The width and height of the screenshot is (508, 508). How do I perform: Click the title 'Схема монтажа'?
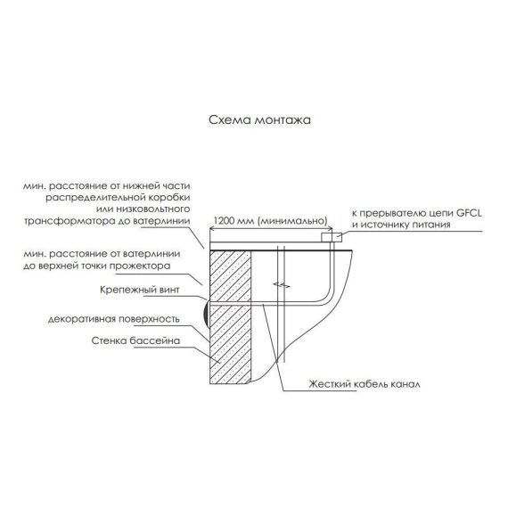[x=259, y=120]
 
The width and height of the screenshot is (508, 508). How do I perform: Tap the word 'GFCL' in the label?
[x=469, y=213]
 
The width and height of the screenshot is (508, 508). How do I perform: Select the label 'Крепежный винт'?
[x=140, y=290]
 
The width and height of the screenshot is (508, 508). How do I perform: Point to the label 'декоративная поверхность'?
[x=114, y=319]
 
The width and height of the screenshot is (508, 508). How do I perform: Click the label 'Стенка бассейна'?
[x=135, y=340]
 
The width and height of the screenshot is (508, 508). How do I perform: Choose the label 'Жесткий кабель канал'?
[x=365, y=384]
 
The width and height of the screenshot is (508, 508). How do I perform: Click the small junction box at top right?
[x=332, y=237]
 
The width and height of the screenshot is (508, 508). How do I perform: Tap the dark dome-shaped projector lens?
[x=207, y=315]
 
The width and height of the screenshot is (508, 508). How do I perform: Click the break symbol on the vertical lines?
[x=282, y=285]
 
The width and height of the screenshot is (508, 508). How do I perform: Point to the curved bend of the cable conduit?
[x=326, y=297]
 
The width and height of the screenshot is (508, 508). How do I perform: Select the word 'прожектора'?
[x=140, y=266]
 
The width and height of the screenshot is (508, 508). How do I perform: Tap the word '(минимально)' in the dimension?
[x=293, y=221]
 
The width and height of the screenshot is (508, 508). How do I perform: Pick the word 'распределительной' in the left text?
[x=94, y=198]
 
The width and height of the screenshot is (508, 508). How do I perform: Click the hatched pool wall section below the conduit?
[x=231, y=344]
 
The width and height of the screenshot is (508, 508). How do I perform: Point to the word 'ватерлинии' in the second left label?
[x=151, y=254]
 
